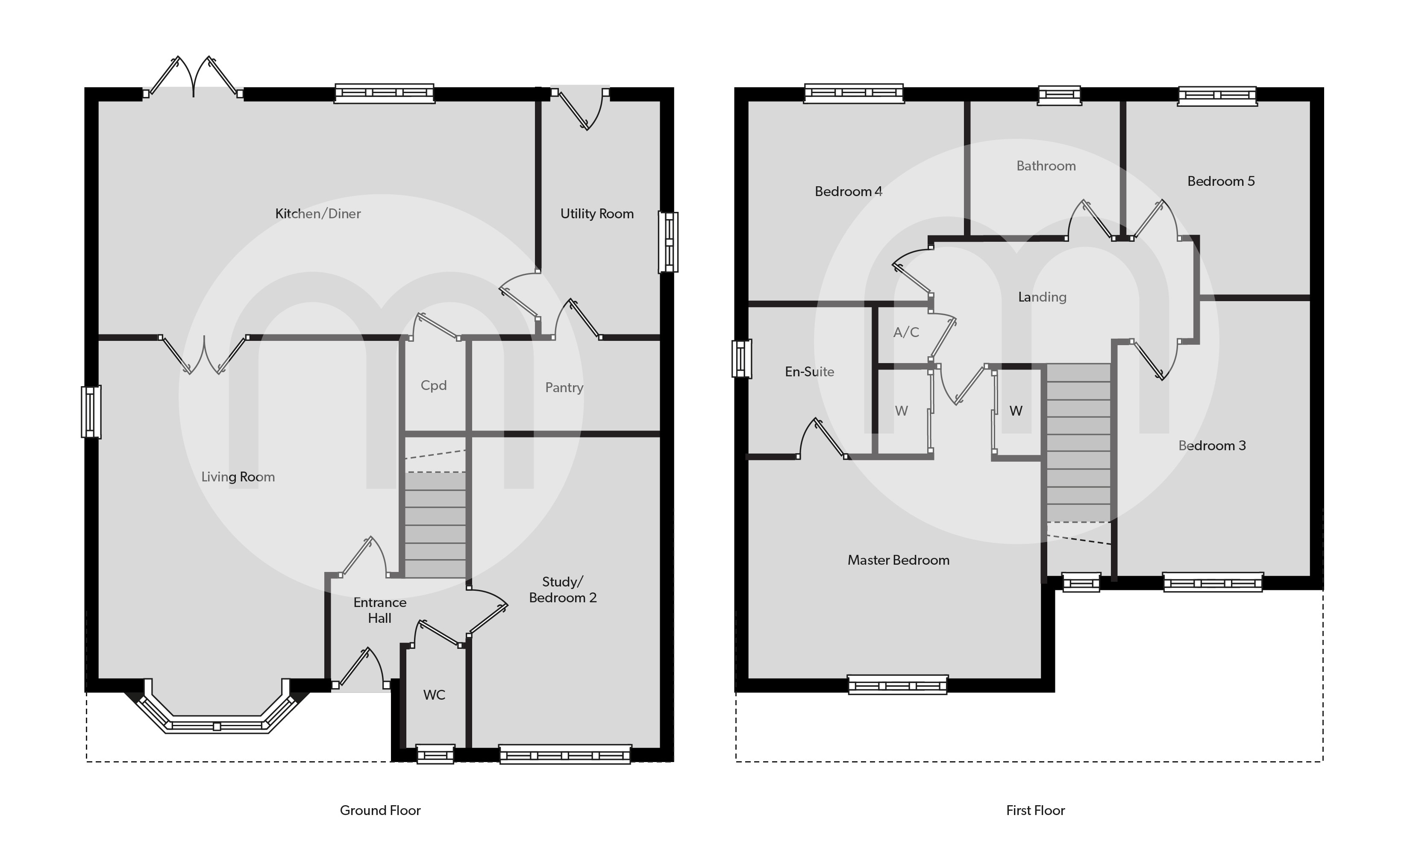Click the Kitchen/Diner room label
318,214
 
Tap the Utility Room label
597,214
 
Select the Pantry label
564,388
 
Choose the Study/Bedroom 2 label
563,589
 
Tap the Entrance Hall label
380,610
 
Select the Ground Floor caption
380,810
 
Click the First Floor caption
1036,810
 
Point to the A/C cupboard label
906,332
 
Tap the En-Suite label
810,372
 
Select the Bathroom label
1046,166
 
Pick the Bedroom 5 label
1221,182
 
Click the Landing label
1042,297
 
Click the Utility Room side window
668,242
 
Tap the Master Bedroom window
898,684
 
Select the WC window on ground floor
435,754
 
